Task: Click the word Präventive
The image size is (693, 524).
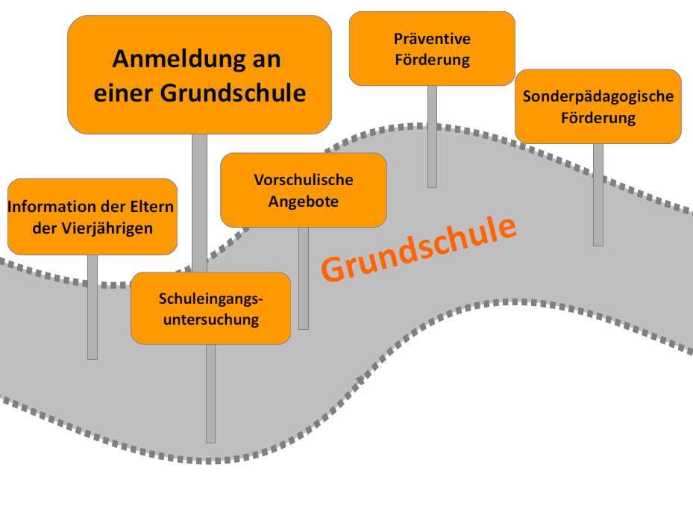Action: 432,39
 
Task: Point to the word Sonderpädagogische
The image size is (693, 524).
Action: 598,96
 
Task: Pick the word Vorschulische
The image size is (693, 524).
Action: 304,180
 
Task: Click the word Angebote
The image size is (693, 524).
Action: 304,202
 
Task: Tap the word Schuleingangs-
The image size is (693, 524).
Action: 211,299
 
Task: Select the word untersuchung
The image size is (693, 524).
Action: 211,319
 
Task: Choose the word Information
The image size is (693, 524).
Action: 51,207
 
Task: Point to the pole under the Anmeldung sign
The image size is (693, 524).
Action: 199,202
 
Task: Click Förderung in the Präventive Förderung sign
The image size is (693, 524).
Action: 432,60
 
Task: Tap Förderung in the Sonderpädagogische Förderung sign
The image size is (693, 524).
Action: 598,118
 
